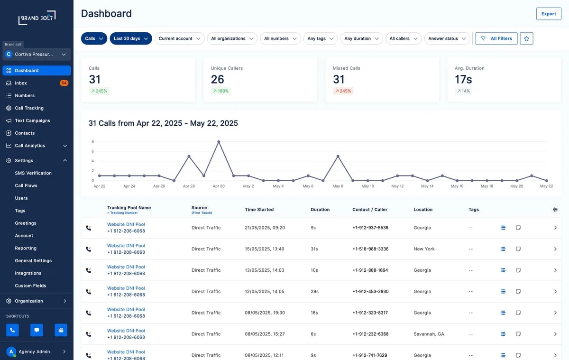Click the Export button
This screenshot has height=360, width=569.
coord(549,14)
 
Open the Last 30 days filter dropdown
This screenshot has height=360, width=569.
coord(131,38)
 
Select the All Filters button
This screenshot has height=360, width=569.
coord(496,38)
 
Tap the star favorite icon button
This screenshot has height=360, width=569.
coord(526,38)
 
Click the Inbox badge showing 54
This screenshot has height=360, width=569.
coord(64,83)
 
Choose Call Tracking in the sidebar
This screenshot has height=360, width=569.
coord(29,108)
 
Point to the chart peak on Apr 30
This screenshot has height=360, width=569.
coord(219,141)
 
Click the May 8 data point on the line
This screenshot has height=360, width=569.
coord(338,156)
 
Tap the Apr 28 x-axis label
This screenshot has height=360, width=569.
coord(189,186)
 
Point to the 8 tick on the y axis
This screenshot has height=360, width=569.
coord(93,141)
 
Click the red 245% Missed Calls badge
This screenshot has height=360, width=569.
coord(343,91)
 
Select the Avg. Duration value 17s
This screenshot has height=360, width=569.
coord(463,80)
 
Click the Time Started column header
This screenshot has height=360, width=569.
coord(259,210)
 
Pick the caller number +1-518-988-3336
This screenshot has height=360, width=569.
coord(370,249)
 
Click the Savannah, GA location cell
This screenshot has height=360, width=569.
coord(429,334)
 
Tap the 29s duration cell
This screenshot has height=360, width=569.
coord(314,291)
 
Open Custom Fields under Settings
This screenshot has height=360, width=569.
coord(30,286)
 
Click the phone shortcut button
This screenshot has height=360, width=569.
coord(12,330)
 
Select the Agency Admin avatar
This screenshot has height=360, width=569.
coord(11,351)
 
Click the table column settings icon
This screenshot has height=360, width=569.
coord(555,210)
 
